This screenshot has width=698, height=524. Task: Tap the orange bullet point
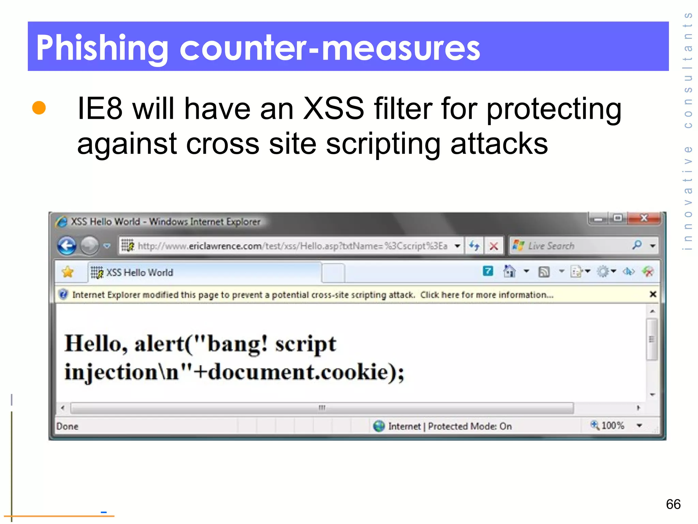coord(39,107)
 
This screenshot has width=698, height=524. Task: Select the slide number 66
coord(673,504)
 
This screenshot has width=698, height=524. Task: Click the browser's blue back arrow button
coord(67,246)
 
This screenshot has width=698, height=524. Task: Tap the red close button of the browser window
coord(644,218)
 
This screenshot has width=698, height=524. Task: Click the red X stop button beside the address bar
coord(494,246)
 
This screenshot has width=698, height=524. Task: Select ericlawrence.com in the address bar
coord(225,246)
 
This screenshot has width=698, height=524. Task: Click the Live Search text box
coord(573,246)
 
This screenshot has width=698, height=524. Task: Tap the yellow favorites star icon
coord(68,272)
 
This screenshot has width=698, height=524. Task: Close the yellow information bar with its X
coord(653,294)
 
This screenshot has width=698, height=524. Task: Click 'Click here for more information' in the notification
coord(486,295)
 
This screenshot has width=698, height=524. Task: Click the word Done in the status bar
coord(67,426)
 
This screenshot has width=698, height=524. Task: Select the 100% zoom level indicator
coord(612,425)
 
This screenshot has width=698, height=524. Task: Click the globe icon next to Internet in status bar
coord(379,426)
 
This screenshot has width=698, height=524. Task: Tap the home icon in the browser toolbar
coord(509,272)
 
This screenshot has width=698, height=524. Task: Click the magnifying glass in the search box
coord(637,245)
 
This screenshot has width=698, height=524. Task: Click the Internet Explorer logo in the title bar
coord(62,222)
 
